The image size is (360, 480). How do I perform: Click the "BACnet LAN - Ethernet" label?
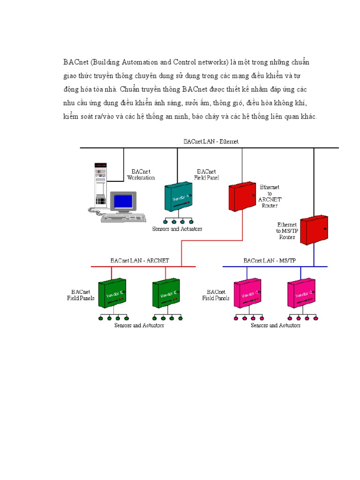point(211,141)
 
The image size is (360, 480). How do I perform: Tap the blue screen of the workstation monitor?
point(123,201)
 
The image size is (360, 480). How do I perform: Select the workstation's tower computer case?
point(100,185)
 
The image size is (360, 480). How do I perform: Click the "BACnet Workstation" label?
point(141,175)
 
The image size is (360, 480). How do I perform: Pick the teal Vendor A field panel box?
point(178,197)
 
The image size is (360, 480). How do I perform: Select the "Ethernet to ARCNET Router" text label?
point(270,196)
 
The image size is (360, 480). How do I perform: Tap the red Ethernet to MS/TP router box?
point(314,230)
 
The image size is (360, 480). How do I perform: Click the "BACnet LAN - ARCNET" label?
point(140,260)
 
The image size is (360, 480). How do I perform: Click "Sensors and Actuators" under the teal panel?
point(177,229)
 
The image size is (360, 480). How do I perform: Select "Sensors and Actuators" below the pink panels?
point(276,325)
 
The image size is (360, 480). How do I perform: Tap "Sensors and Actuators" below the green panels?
point(139,325)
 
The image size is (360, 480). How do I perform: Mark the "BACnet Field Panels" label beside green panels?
point(81,295)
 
